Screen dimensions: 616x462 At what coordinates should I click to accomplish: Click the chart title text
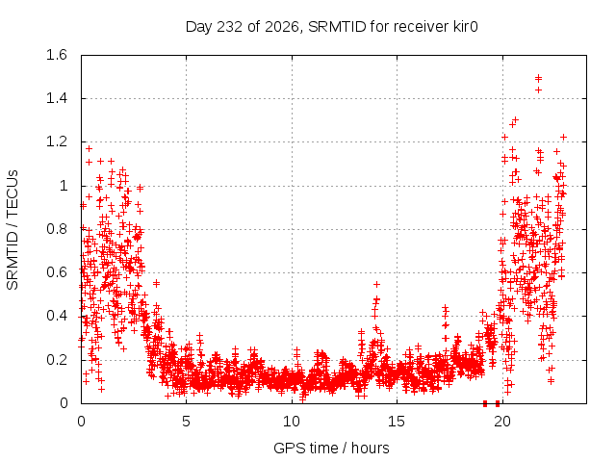(331, 27)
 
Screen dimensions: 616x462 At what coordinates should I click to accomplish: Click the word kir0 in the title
(464, 26)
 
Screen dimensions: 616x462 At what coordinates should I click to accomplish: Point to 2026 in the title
(282, 26)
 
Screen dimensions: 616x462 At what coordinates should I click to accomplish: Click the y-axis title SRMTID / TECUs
(13, 230)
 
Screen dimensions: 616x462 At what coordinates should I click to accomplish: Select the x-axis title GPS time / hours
(331, 448)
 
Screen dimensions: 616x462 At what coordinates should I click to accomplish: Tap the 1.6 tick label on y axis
(57, 55)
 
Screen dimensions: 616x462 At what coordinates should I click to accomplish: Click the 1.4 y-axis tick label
(57, 98)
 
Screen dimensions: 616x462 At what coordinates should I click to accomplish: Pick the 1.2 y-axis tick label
(57, 141)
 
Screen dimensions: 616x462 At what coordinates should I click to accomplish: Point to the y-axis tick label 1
(64, 186)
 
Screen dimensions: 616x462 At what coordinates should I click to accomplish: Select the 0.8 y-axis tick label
(57, 229)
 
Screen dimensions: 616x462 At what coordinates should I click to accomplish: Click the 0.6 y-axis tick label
(57, 272)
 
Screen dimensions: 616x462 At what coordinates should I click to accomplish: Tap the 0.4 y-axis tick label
(57, 316)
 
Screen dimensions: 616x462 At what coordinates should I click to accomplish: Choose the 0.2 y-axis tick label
(57, 359)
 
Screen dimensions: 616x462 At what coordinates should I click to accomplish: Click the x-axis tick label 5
(186, 422)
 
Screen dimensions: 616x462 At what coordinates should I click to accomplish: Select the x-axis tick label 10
(292, 422)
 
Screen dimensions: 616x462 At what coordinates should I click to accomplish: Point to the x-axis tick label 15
(397, 422)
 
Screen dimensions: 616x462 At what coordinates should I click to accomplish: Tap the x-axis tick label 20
(502, 422)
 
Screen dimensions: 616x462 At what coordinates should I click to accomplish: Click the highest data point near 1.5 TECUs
(539, 77)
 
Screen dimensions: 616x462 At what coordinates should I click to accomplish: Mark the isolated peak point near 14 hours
(376, 284)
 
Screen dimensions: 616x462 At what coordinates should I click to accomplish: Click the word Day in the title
(198, 27)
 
